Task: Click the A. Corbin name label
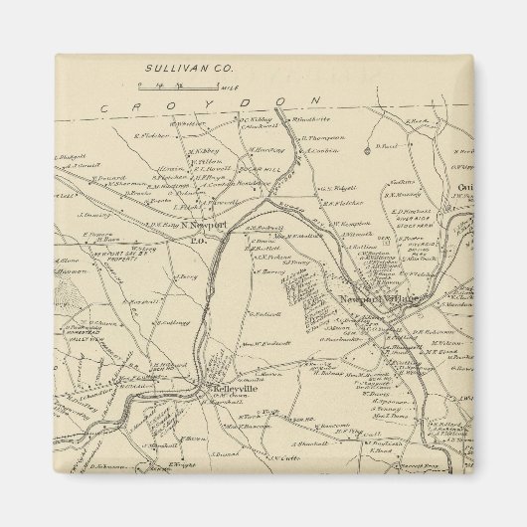(x=322, y=150)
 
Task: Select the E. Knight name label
(x=179, y=464)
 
